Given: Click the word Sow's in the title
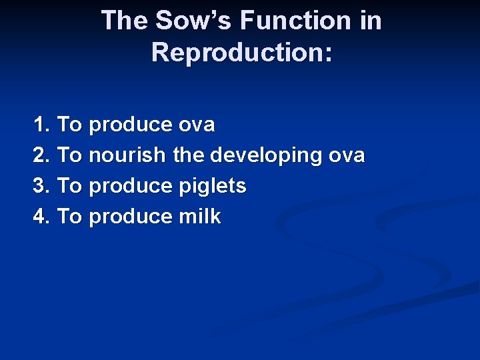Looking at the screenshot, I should tap(194, 21).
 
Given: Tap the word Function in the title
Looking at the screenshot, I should tap(296, 21).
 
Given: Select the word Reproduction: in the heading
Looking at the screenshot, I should tap(241, 51).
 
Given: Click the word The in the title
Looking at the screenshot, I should tap(125, 21).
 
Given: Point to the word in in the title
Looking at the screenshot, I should tap(371, 21).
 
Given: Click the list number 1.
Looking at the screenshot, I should tap(41, 125).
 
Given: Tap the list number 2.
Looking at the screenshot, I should tap(41, 155).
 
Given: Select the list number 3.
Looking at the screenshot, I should tap(41, 186).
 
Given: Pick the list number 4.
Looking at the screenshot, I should tap(41, 217).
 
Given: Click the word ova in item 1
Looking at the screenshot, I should tap(197, 125).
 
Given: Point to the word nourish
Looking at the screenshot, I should tap(127, 155).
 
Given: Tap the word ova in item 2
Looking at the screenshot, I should tap(347, 155).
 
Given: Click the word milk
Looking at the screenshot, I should tap(199, 217).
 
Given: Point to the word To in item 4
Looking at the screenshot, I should tap(69, 217).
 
